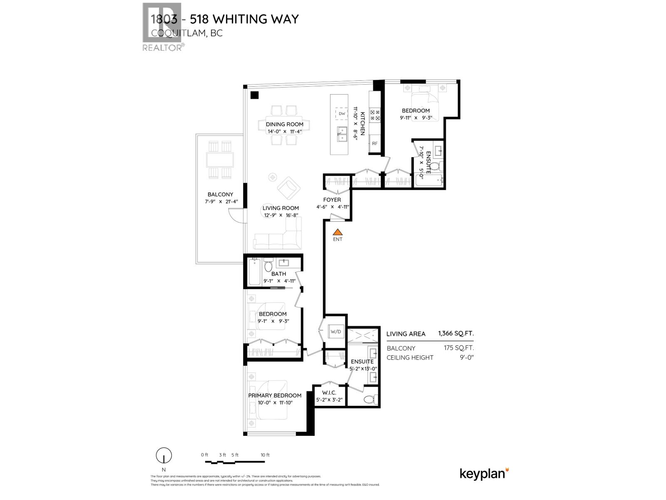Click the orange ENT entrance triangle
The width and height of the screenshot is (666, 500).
(x=338, y=232)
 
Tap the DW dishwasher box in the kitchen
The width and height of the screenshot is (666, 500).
(x=342, y=114)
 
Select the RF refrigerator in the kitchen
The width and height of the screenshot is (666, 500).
(x=375, y=143)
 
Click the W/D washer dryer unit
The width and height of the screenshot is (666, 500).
(x=336, y=332)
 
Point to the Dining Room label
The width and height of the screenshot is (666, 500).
(x=285, y=124)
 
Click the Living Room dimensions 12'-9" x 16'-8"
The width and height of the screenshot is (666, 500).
(x=281, y=215)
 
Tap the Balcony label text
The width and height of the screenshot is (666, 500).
(x=220, y=195)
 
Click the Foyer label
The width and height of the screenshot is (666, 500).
(x=332, y=200)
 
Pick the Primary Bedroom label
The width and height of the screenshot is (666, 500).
(x=275, y=395)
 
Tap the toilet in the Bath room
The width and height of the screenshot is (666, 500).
(x=268, y=265)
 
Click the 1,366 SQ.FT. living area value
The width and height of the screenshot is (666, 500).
(x=456, y=333)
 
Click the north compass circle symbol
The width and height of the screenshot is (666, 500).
(x=164, y=456)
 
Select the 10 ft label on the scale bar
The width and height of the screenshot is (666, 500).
(x=265, y=455)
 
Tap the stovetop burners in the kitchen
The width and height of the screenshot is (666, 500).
(x=375, y=115)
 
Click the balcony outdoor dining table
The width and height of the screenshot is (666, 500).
(x=220, y=160)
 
